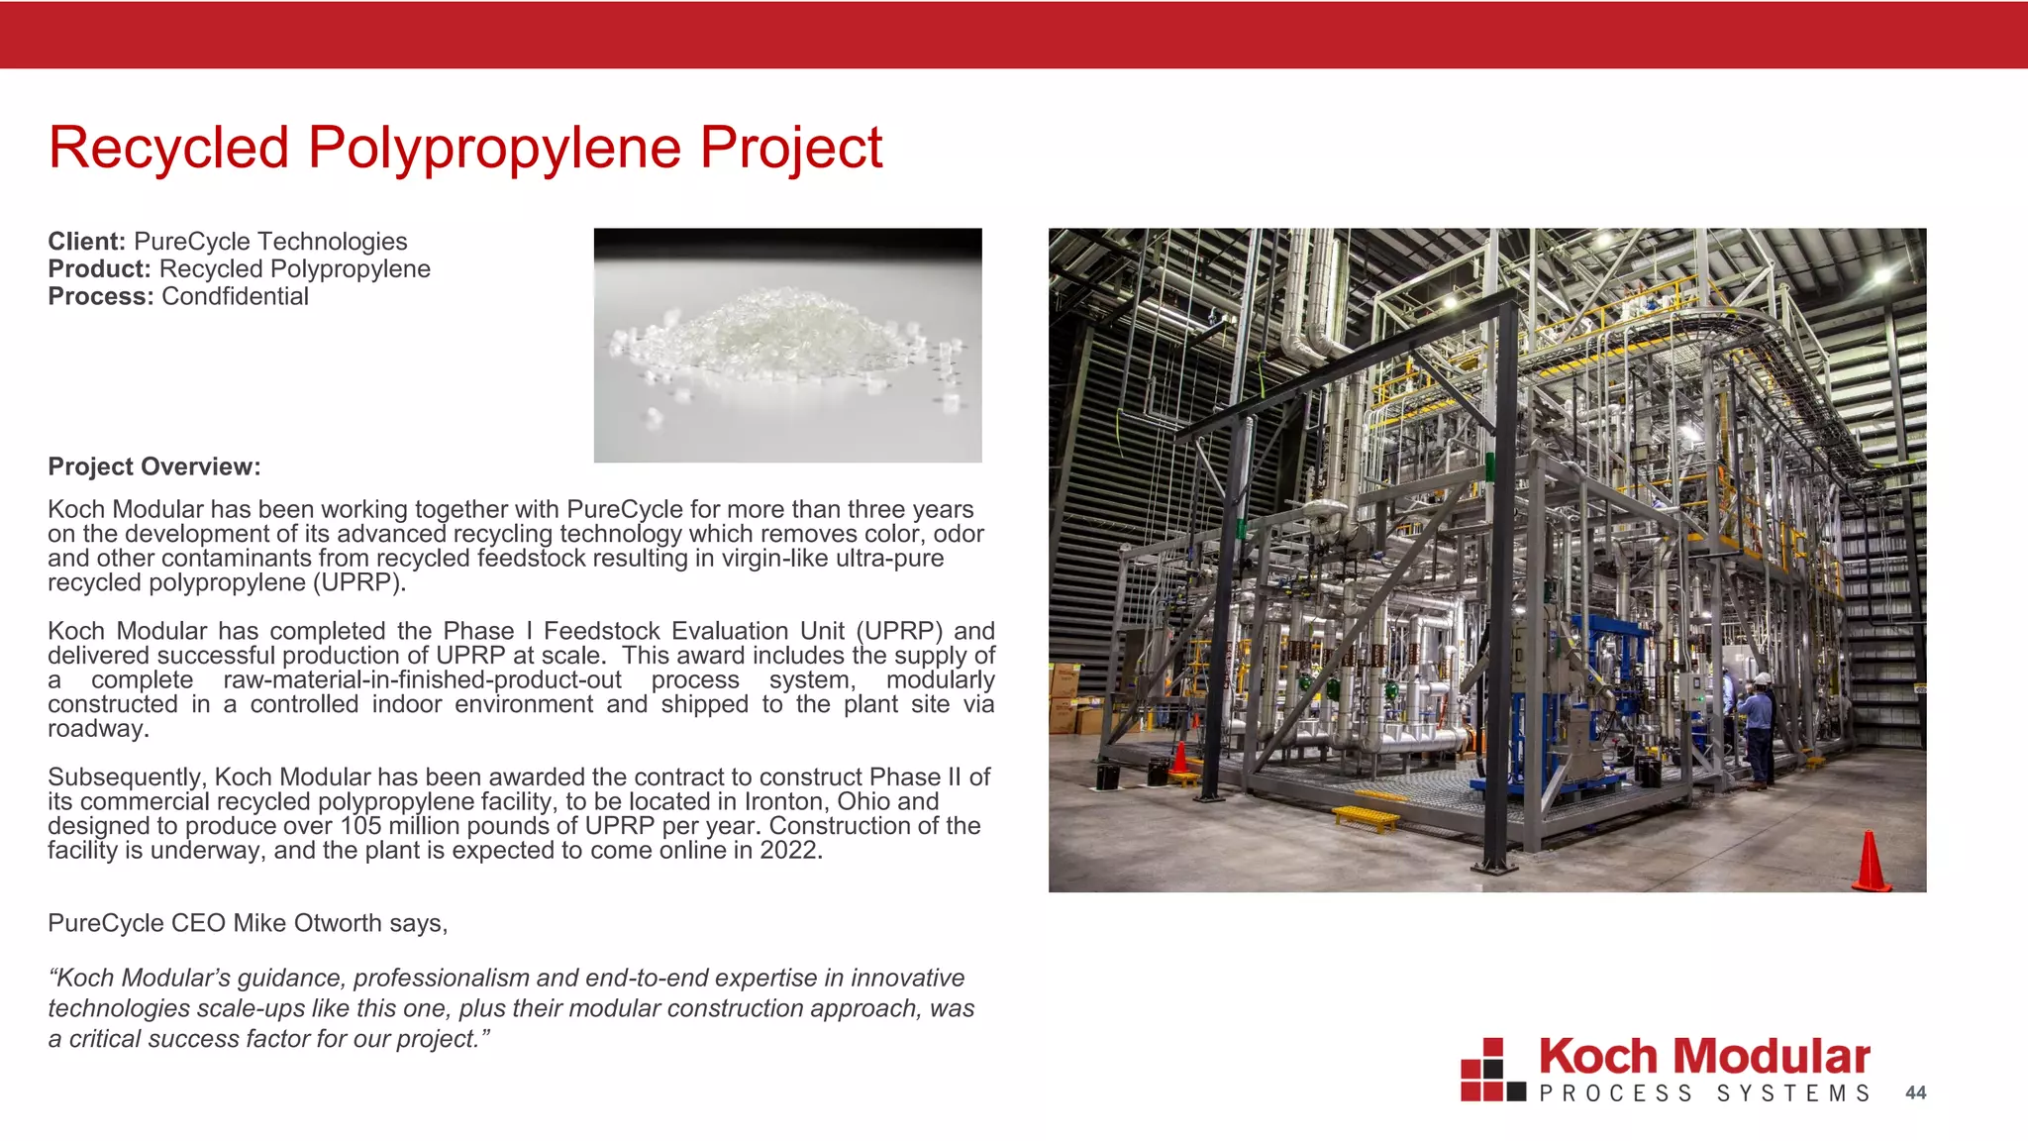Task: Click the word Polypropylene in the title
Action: coord(494,148)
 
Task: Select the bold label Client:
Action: coord(86,242)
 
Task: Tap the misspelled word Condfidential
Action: coord(235,297)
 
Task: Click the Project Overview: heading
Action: coord(153,467)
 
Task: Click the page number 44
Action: coord(1915,1092)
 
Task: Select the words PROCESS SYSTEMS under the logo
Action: coord(1704,1093)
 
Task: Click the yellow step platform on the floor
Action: coord(1367,818)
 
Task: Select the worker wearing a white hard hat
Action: coord(1759,728)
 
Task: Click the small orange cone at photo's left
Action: coord(1179,760)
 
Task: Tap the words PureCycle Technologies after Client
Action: coord(270,242)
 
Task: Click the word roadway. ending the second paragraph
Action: coord(98,729)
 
